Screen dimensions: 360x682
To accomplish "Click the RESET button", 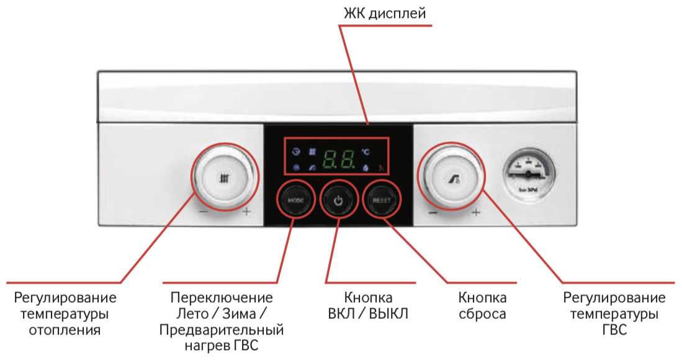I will [x=380, y=200].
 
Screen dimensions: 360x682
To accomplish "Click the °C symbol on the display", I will [x=366, y=151].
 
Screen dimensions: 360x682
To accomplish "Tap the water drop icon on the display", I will [x=366, y=167].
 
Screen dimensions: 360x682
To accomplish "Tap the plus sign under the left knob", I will [x=246, y=213].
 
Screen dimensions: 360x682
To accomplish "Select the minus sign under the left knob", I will [x=203, y=213].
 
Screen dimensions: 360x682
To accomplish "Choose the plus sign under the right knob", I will [x=476, y=213].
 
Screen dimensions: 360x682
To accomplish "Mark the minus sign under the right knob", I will [x=433, y=213].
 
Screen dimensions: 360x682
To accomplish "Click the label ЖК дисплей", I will [x=385, y=13].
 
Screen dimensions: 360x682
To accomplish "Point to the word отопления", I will [x=65, y=330].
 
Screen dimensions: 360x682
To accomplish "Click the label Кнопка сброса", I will [x=482, y=305].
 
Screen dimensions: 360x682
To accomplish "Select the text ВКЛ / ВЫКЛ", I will [x=368, y=313].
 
